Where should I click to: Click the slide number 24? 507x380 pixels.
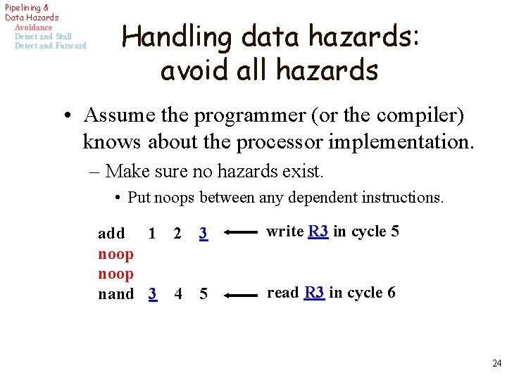click(x=496, y=364)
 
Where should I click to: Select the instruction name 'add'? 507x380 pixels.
click(x=111, y=234)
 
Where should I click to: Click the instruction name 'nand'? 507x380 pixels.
click(x=115, y=294)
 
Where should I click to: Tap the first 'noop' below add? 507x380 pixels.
click(x=115, y=253)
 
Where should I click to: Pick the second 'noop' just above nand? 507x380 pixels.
click(x=115, y=274)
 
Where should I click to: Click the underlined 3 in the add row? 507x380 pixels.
click(x=203, y=234)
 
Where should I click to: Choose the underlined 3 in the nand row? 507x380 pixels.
click(x=152, y=294)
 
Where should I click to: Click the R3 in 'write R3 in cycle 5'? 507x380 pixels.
click(x=318, y=232)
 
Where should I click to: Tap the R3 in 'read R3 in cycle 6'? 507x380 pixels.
click(x=314, y=293)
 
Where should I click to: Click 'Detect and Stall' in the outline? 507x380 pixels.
click(x=43, y=37)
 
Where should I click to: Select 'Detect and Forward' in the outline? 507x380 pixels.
click(x=50, y=46)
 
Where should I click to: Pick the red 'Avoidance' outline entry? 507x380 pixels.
click(x=33, y=27)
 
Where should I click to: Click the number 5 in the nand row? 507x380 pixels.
click(x=204, y=294)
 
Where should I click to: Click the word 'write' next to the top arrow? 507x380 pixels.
click(x=284, y=232)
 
